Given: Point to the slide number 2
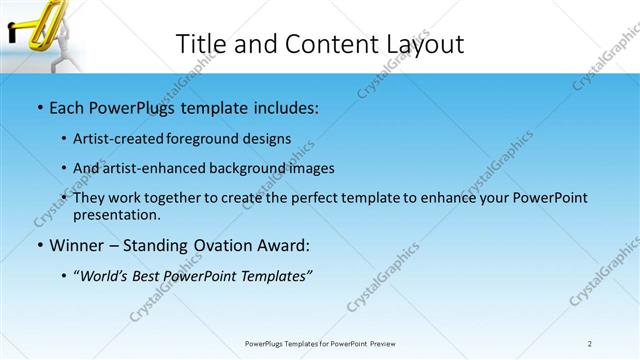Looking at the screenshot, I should pos(590,343).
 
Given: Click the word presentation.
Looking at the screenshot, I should pos(116,214).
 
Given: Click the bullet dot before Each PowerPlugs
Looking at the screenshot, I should pos(38,105).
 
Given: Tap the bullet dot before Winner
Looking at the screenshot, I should pos(38,244).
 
